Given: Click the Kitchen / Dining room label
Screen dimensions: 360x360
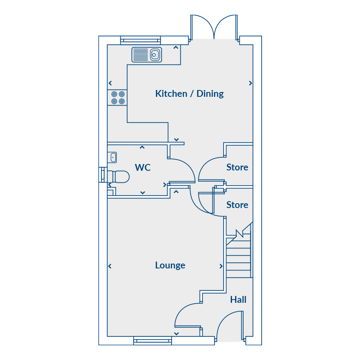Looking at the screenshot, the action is click(x=190, y=94).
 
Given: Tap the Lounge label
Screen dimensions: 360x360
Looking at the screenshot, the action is click(x=170, y=266).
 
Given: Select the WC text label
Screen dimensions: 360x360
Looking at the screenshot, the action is click(x=142, y=168).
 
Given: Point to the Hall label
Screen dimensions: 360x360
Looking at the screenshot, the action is click(x=238, y=300).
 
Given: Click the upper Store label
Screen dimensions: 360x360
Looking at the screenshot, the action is click(x=237, y=167).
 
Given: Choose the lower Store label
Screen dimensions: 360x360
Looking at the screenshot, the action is click(x=237, y=205).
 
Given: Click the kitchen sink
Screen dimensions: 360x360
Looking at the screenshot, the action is click(x=147, y=55).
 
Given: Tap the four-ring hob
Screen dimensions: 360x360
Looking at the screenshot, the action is click(x=117, y=98).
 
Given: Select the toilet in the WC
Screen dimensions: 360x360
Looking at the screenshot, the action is click(x=118, y=176).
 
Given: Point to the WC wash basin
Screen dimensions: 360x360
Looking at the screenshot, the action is click(x=112, y=158).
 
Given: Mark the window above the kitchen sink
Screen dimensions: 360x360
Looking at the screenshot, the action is click(x=140, y=40).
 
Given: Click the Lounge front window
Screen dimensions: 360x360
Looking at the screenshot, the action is click(x=153, y=341).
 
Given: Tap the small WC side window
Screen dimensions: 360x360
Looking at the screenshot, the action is click(x=103, y=175).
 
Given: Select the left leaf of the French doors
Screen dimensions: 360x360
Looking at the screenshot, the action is click(x=202, y=27).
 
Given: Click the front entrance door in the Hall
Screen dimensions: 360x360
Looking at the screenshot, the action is click(x=230, y=325).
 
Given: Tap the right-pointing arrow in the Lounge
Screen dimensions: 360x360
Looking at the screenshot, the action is click(x=221, y=266).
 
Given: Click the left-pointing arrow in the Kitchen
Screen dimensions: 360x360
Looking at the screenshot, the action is click(x=110, y=83).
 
